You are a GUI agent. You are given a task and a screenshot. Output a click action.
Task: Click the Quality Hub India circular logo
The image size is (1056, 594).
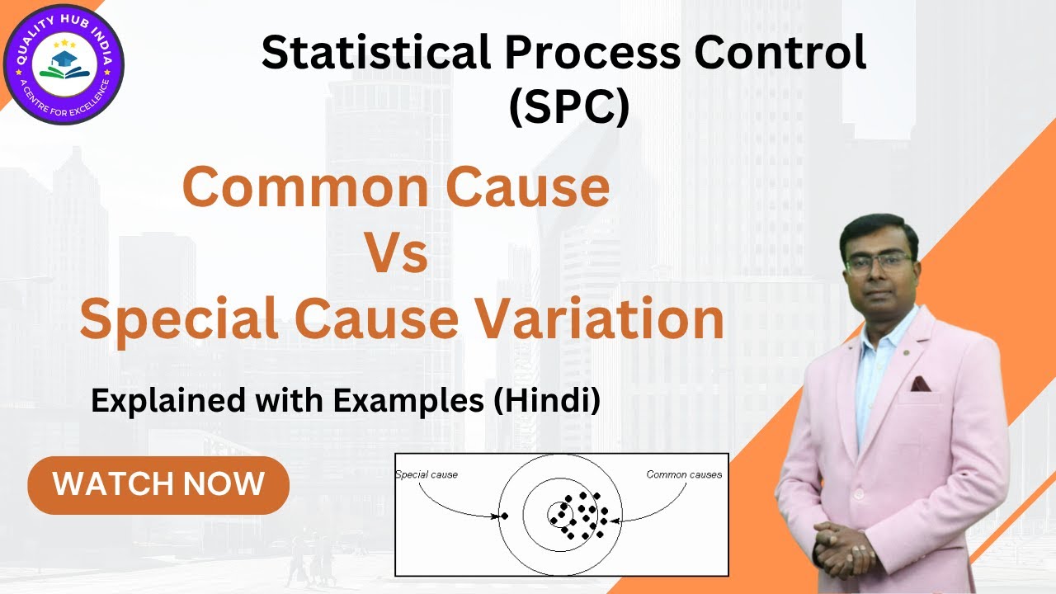point(64,64)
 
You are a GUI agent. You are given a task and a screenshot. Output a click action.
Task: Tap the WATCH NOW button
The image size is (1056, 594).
point(158,484)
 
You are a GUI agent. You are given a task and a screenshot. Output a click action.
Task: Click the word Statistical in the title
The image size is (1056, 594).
point(376,54)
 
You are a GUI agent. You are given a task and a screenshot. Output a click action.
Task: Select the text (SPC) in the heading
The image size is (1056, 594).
point(568,107)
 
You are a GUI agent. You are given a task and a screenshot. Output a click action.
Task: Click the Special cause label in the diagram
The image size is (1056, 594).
point(427,474)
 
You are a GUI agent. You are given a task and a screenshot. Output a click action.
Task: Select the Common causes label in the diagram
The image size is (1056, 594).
point(684,474)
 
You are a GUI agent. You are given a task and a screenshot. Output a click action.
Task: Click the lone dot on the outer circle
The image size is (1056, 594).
point(505,516)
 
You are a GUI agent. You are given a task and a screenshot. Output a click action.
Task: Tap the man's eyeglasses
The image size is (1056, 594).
point(879,262)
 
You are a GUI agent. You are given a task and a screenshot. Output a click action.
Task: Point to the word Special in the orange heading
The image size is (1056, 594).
point(178,319)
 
